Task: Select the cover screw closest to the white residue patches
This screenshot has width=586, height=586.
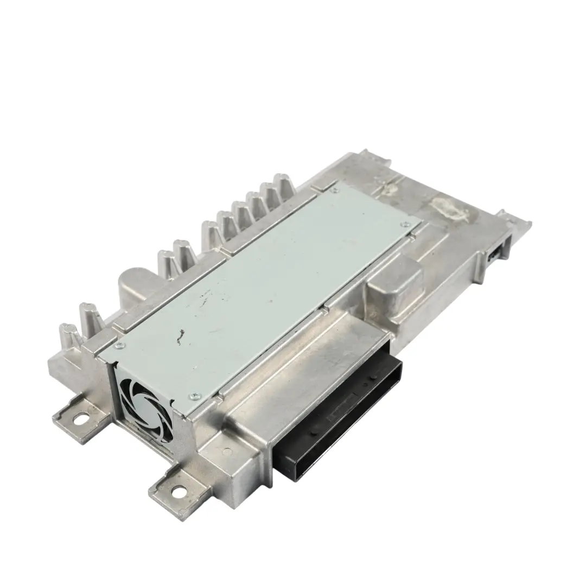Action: click(403, 223)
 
